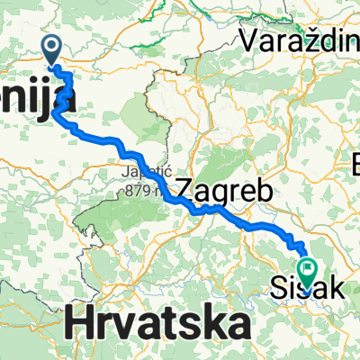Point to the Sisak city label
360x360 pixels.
[x=305, y=290]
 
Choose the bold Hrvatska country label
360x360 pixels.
[x=157, y=322]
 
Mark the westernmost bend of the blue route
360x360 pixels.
[x=55, y=113]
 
